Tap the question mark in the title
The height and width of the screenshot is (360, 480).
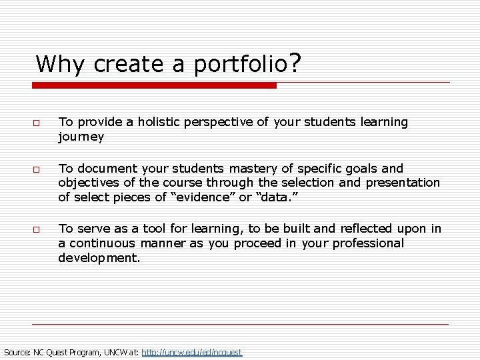(x=295, y=63)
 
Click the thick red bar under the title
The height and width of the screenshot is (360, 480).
(x=155, y=85)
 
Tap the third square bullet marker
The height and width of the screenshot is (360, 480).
(x=37, y=230)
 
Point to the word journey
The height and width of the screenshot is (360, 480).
(x=81, y=137)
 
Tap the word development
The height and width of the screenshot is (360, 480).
(x=99, y=258)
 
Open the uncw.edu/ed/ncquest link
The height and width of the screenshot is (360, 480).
(x=192, y=351)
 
